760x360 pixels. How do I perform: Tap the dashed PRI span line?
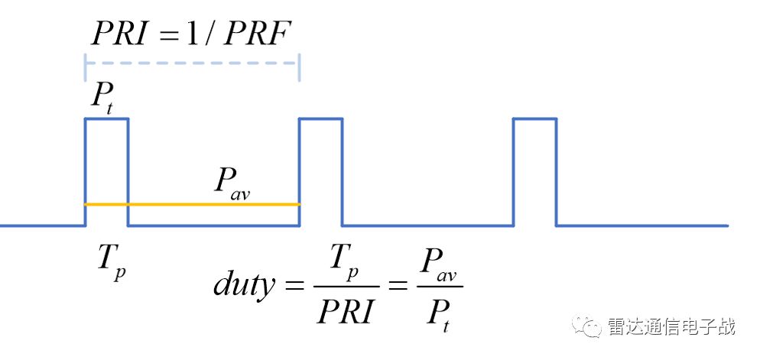pos(191,63)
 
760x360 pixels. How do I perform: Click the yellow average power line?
pos(191,204)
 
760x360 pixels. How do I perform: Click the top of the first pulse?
pos(106,118)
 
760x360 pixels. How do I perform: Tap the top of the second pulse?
pos(320,118)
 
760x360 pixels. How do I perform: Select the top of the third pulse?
pos(534,118)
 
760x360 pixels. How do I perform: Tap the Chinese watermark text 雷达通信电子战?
pos(671,326)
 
